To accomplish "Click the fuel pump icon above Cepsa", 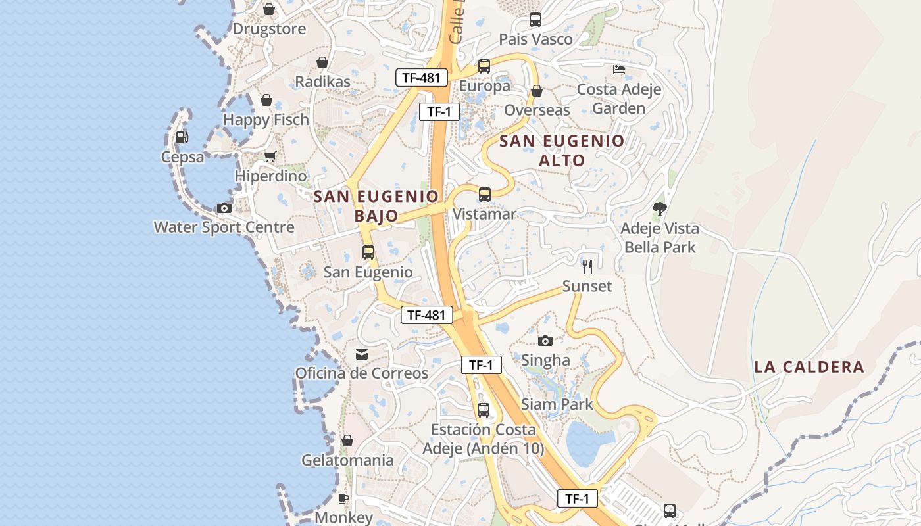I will pos(182,137).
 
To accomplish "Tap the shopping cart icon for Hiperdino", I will pos(270,156).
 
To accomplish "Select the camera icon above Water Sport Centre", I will pos(224,208).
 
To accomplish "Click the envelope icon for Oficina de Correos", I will pos(362,354).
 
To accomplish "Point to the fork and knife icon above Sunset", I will pos(587,266).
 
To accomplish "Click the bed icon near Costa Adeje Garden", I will pos(619,69).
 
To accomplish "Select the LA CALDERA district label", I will pos(809,367).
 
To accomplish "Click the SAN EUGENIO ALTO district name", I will pos(562,151).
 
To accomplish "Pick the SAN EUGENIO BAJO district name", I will pos(376,206).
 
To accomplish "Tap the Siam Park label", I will pos(557,404).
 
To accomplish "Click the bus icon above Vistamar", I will pos(485,194).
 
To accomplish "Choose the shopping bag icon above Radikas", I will pos(322,62).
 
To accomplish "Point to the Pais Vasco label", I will pos(535,39).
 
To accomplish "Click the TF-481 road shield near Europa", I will pos(422,78).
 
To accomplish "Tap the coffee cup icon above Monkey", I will pos(343,498).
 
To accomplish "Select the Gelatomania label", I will pos(347,460).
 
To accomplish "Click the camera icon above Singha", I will pos(545,341).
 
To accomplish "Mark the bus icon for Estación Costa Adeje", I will pos(484,410).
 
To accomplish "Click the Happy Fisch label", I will pos(266,120).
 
